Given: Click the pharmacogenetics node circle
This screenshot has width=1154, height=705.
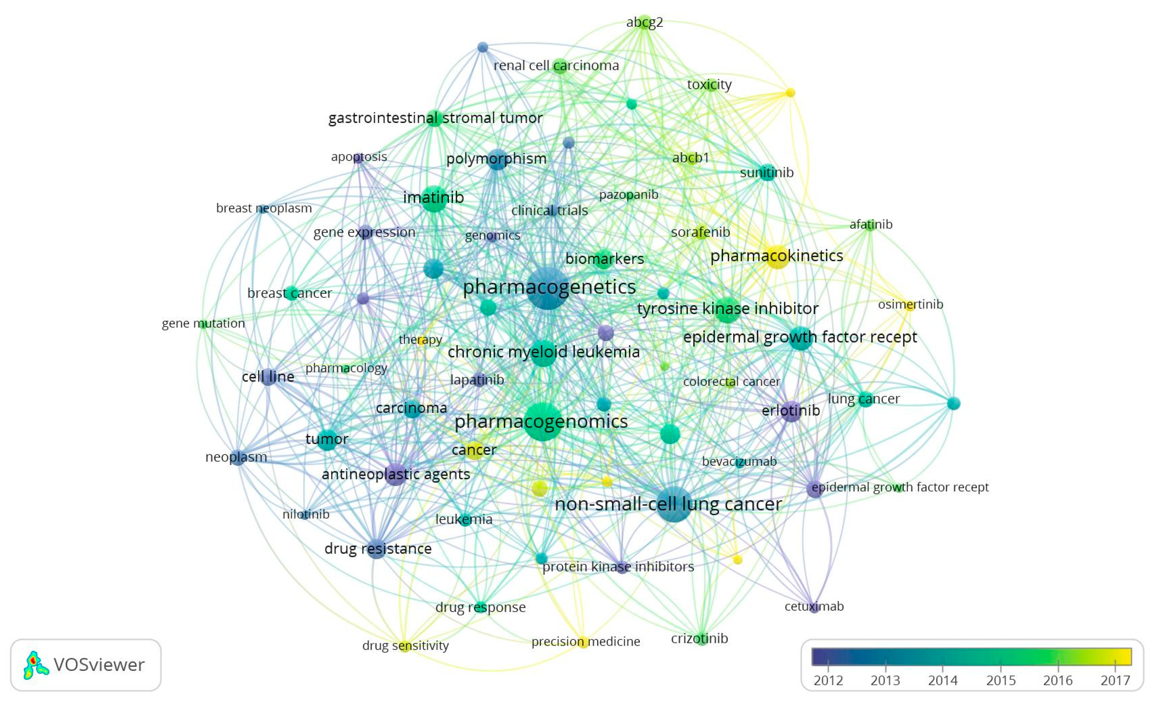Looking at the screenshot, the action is [548, 288].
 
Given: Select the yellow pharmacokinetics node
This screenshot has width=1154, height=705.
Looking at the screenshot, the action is [777, 257].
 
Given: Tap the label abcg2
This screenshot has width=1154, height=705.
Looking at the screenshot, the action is [644, 22].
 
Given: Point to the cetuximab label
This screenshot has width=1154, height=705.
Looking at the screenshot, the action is [814, 606].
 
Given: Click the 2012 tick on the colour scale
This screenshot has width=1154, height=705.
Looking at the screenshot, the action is [828, 665].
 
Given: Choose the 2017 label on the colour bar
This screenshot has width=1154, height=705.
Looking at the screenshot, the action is [1115, 680].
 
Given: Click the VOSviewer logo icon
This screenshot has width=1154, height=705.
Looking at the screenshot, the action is [36, 665].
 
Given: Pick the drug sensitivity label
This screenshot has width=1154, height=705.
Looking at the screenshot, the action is [406, 645].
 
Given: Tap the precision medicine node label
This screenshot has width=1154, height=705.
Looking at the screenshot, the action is [586, 641].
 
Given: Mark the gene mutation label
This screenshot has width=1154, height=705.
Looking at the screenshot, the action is [203, 323].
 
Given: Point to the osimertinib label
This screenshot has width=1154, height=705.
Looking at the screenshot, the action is [910, 304].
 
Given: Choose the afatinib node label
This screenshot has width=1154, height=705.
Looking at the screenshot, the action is [871, 224].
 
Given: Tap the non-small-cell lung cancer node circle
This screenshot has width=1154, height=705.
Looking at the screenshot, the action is [673, 505].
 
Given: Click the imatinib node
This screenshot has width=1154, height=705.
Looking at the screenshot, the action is [434, 198].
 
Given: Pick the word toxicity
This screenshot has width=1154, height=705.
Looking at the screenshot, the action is [709, 85].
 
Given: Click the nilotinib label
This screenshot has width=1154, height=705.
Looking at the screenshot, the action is [306, 514].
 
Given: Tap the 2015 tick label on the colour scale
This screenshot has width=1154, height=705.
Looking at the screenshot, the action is [1001, 680].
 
